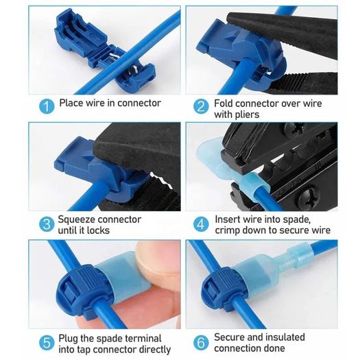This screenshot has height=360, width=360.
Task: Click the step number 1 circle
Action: (47, 106)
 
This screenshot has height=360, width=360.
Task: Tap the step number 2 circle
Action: (201, 106)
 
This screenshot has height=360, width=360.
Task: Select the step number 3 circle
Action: (47, 224)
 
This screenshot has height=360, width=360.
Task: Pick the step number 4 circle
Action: (201, 224)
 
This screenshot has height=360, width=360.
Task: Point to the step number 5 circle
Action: (47, 343)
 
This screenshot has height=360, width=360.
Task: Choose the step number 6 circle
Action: (201, 343)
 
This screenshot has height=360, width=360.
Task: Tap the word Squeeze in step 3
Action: (75, 219)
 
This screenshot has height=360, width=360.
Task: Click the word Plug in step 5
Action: (68, 339)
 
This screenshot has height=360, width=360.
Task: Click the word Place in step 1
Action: (71, 103)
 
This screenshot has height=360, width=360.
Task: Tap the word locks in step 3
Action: (98, 230)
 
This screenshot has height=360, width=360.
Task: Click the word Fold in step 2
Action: (224, 104)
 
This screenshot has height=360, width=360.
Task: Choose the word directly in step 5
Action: (153, 350)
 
